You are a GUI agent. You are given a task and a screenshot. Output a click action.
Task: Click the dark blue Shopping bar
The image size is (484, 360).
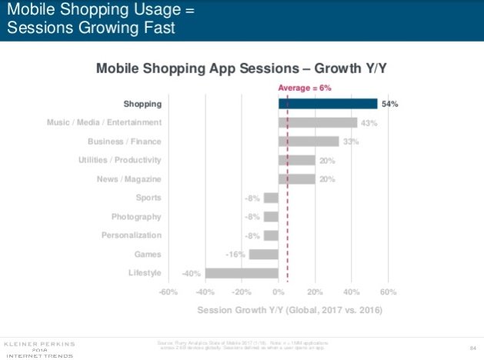pyautogui.click(x=328, y=104)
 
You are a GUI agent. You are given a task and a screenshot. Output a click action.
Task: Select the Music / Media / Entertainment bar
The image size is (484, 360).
pyautogui.click(x=318, y=122)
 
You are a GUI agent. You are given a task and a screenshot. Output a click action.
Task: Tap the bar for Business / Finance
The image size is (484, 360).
pyautogui.click(x=309, y=142)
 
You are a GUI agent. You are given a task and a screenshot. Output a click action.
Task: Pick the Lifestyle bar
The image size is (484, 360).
pyautogui.click(x=242, y=273)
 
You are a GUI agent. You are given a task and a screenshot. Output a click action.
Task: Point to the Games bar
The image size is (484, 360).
pyautogui.click(x=264, y=254)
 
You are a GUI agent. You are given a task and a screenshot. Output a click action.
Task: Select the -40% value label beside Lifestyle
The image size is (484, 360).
pyautogui.click(x=192, y=273)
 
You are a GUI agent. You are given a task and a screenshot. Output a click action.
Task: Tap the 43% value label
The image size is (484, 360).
pyautogui.click(x=370, y=123)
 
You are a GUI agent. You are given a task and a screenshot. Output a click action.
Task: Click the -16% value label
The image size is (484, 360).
pyautogui.click(x=235, y=255)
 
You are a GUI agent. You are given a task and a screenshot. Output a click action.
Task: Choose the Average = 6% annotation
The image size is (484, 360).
pyautogui.click(x=304, y=88)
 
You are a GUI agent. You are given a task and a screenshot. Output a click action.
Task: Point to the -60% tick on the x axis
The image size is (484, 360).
pyautogui.click(x=168, y=293)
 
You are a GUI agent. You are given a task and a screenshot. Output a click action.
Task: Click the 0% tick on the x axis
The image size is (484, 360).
pyautogui.click(x=279, y=293)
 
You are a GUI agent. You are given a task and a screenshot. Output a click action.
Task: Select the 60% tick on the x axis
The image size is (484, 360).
pyautogui.click(x=389, y=293)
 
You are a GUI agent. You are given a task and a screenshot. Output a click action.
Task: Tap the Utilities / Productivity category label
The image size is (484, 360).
pyautogui.click(x=120, y=160)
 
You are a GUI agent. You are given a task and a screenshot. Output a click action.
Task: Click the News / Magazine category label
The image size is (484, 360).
pyautogui.click(x=129, y=178)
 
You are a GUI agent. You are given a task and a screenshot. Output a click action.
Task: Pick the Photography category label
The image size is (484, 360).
pyautogui.click(x=136, y=216)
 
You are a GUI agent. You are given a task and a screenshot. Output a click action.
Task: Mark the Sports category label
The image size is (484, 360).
pyautogui.click(x=148, y=198)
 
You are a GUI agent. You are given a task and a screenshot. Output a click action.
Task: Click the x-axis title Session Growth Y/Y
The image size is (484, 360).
pyautogui.click(x=289, y=311)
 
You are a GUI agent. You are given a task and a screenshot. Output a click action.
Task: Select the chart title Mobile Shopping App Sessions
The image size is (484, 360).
pyautogui.click(x=241, y=68)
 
